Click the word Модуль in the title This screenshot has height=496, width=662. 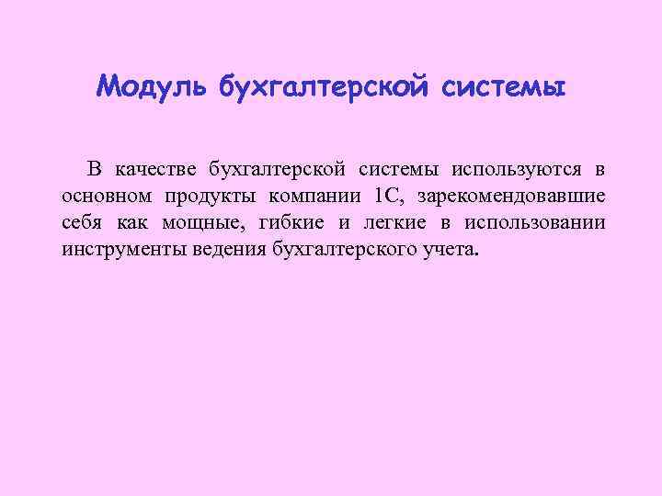click(153, 88)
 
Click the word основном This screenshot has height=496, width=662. click(107, 196)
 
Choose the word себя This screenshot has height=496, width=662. click(82, 222)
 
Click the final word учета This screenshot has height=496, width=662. click(451, 249)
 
